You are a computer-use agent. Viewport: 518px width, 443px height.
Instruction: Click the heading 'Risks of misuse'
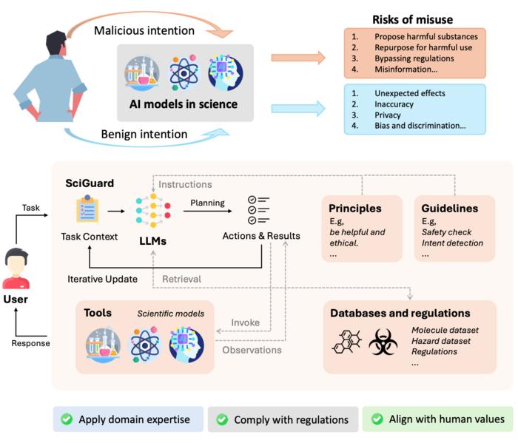tap(411, 20)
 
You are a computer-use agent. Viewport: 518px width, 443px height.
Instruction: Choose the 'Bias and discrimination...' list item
tap(420, 126)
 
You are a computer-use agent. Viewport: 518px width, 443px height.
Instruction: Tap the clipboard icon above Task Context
tap(88, 210)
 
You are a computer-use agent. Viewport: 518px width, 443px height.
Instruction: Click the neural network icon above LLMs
tap(153, 210)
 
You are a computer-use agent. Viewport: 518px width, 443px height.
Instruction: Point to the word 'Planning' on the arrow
tap(207, 202)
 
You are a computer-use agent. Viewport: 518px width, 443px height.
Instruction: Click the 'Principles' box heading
tap(356, 208)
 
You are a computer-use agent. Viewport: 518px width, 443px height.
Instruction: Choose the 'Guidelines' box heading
tap(451, 208)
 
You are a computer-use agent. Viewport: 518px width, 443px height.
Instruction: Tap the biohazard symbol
tap(383, 341)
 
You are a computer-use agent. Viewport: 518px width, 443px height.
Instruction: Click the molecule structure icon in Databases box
tap(346, 341)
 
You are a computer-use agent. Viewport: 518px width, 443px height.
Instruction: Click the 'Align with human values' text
tap(446, 419)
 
